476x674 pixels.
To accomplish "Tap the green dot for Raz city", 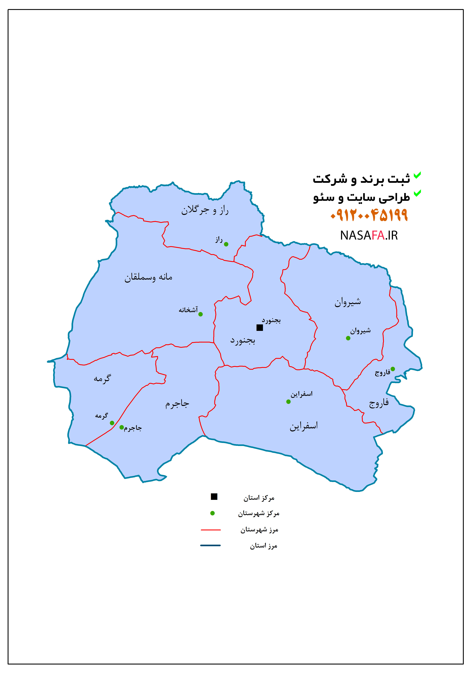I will (x=226, y=244).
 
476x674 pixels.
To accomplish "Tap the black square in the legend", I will (x=214, y=497).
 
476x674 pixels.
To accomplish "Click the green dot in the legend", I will (x=213, y=513).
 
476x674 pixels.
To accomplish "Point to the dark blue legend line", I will (x=211, y=545).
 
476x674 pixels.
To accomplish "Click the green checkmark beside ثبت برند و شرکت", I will (x=417, y=176).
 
